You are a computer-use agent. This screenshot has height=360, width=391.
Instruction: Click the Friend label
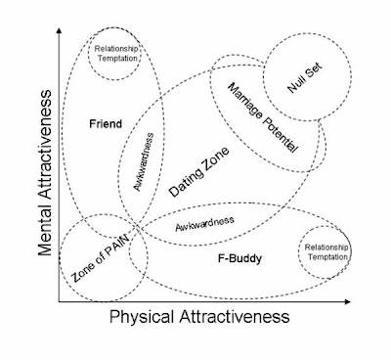[x=106, y=124]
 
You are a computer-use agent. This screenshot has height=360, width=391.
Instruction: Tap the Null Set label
[x=305, y=78]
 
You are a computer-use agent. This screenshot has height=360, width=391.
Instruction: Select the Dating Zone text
[x=199, y=172]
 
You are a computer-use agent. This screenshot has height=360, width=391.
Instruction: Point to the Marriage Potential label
[x=263, y=117]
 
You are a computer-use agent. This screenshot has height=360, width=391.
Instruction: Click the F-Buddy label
[x=239, y=258]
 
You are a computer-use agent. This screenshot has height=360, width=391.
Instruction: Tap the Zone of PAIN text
[x=100, y=258]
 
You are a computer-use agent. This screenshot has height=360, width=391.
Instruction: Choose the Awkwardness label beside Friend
[x=144, y=161]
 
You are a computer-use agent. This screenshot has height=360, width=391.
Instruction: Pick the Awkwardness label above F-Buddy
[x=204, y=223]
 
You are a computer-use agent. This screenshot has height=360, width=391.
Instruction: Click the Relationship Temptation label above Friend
[x=116, y=54]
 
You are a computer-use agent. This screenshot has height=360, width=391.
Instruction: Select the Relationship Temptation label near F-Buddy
[x=326, y=252]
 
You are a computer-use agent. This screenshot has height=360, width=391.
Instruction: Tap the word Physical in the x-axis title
[x=141, y=317]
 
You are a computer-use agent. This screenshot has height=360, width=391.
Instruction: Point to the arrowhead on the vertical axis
[x=59, y=30]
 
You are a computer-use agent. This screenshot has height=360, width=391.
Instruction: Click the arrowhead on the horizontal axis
[x=348, y=301]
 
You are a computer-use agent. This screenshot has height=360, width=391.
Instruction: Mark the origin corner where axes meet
[x=59, y=301]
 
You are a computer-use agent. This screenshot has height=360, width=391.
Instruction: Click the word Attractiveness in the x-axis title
[x=235, y=316]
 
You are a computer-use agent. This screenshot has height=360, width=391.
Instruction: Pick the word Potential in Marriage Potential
[x=280, y=134]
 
